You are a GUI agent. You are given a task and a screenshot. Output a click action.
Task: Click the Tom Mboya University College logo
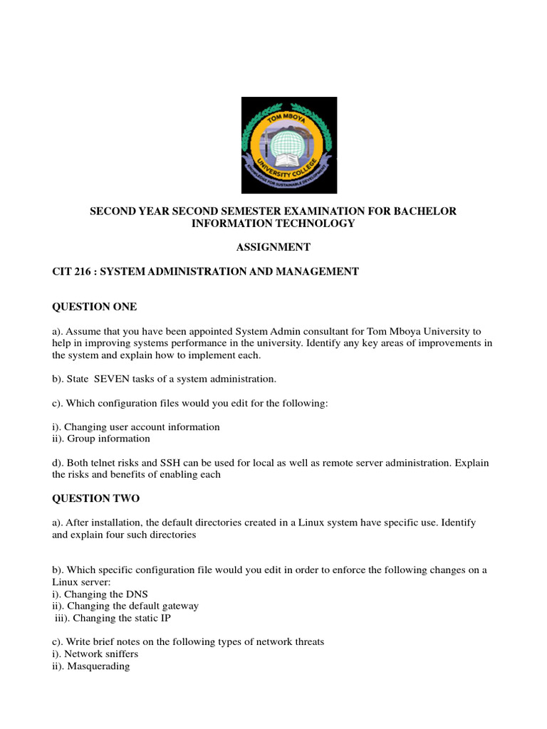[x=288, y=145]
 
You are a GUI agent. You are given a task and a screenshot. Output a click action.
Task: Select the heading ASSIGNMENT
[x=273, y=247]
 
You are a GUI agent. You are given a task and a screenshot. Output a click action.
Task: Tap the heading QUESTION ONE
[x=94, y=307]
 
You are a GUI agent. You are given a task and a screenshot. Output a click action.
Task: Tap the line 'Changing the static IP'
[x=113, y=618]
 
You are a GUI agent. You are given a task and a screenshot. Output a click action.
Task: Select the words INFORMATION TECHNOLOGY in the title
[x=273, y=224]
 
